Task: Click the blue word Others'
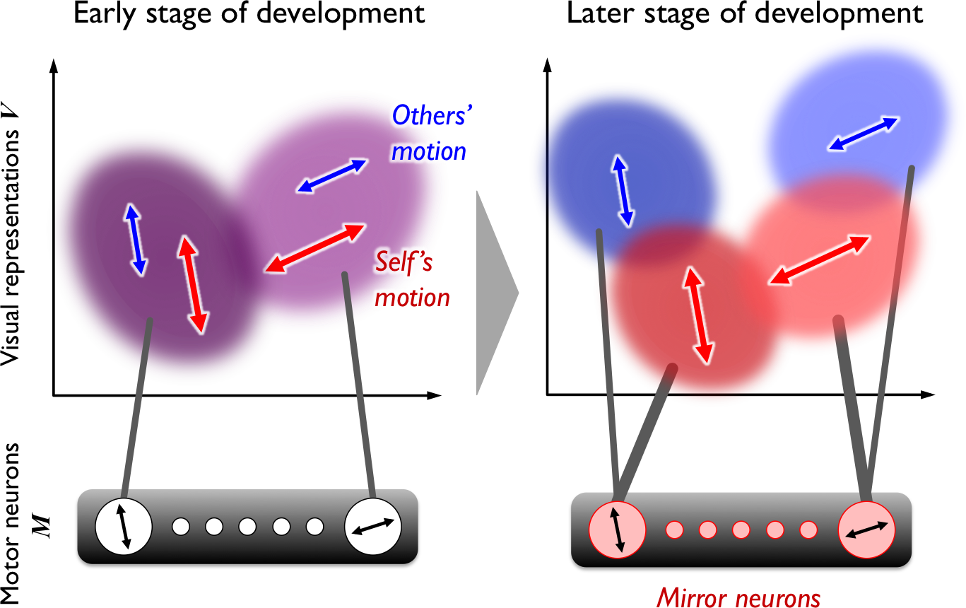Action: [x=430, y=116]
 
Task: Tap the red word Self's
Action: [x=404, y=264]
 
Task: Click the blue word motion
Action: [x=429, y=151]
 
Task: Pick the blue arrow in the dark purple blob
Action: [x=134, y=239]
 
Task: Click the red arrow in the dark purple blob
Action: [x=193, y=285]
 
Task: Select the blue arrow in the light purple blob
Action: [x=331, y=175]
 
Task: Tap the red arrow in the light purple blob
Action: [x=314, y=248]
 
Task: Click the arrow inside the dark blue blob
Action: [x=623, y=190]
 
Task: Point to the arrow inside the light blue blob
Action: [x=863, y=133]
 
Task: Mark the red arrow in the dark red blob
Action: [x=698, y=316]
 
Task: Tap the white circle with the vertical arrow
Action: [x=124, y=527]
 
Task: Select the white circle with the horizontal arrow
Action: [x=373, y=527]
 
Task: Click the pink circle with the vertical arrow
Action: [x=617, y=530]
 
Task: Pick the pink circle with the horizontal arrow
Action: [x=866, y=530]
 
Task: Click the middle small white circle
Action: [x=247, y=527]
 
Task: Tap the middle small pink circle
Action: [x=741, y=530]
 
